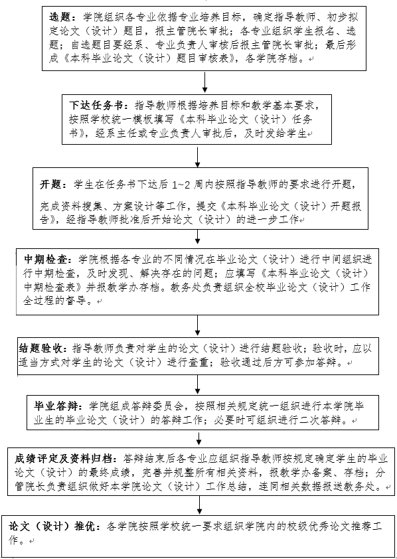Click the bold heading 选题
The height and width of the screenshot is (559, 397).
(x=62, y=17)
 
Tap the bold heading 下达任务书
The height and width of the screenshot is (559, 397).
(x=96, y=106)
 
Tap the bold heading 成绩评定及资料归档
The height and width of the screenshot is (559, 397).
(x=64, y=458)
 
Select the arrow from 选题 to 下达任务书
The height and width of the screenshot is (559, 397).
(x=204, y=83)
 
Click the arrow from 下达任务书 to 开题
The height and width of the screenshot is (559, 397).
(x=197, y=157)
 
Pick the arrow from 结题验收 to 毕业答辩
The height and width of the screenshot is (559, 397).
(x=197, y=384)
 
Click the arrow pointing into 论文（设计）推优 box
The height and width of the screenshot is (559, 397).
(x=200, y=505)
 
